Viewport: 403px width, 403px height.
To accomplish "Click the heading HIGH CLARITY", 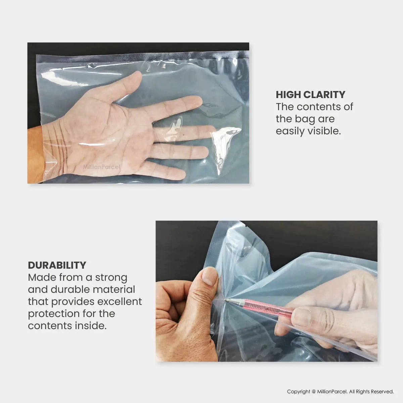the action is point(310,94).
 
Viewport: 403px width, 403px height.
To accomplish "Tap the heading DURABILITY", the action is point(57,265).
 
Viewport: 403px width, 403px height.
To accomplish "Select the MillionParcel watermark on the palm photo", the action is point(102,167).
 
